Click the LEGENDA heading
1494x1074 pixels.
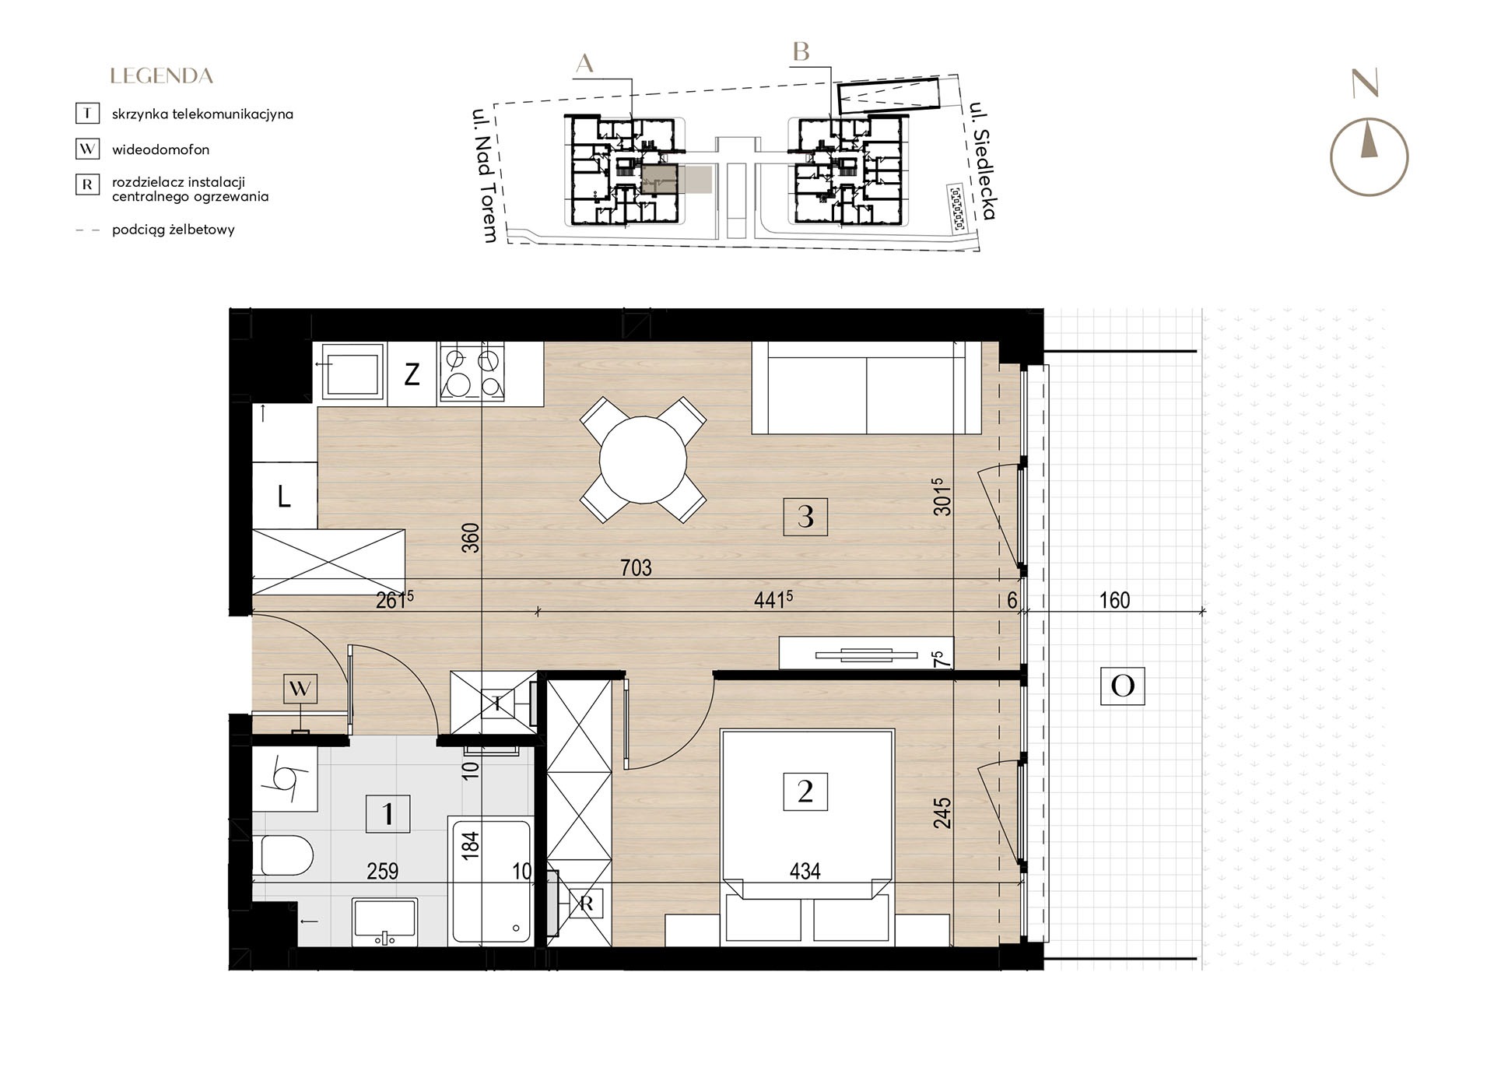pos(162,76)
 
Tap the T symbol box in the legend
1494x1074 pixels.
pos(87,114)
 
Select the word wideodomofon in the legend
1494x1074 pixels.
pos(160,149)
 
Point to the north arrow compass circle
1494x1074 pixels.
pos(1369,157)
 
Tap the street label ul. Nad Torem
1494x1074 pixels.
pos(484,176)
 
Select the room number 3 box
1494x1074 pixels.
pos(805,516)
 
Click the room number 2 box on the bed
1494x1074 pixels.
pos(805,791)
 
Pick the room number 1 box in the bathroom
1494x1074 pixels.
pos(388,814)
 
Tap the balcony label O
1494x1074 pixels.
pos(1122,686)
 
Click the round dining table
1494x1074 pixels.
pos(643,460)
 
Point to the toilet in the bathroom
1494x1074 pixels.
pos(284,855)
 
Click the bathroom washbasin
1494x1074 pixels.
pos(384,922)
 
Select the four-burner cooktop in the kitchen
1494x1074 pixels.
pos(471,373)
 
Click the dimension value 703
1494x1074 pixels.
pos(636,568)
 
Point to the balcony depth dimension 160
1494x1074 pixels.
pos(1114,600)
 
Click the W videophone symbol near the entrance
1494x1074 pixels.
pos(300,688)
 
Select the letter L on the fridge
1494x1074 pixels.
pos(284,496)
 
